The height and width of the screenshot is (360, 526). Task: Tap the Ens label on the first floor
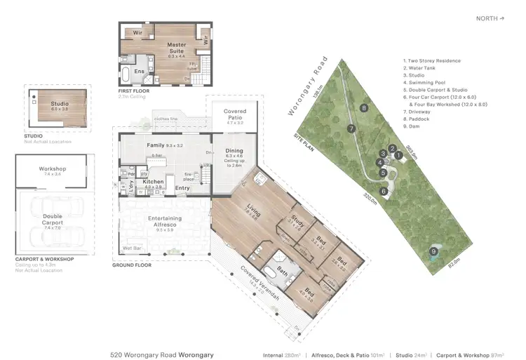point(139,71)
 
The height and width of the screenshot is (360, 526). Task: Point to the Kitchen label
point(153,182)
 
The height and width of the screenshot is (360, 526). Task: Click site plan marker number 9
point(433,251)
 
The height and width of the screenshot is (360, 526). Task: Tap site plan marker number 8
point(363,108)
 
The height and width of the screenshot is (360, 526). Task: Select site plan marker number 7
point(350,128)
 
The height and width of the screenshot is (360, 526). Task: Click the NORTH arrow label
point(490,19)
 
